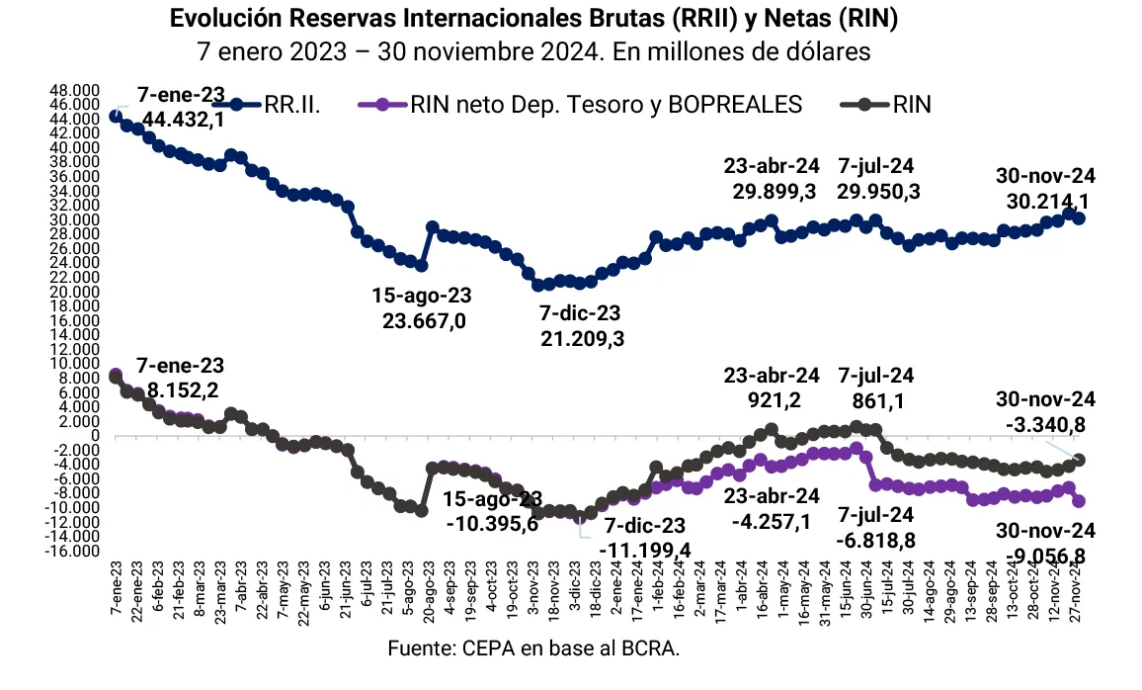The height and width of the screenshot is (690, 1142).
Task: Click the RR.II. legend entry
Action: (292, 106)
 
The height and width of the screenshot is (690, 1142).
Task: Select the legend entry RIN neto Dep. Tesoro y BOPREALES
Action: (604, 106)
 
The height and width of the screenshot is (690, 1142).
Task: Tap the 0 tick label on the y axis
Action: (95, 436)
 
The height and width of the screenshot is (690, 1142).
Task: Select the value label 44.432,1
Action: (183, 120)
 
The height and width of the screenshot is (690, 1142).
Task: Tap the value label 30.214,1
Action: (1048, 201)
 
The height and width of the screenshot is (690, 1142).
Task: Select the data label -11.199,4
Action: (647, 549)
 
